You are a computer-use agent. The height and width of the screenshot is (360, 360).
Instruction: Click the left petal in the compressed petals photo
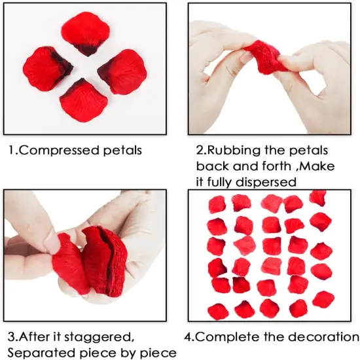(x=48, y=69)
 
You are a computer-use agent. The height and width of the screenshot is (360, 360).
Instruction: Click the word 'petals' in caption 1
(x=119, y=151)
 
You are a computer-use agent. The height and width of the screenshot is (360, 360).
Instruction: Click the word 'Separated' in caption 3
(x=38, y=353)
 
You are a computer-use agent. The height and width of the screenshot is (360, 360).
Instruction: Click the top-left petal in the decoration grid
(x=217, y=205)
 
